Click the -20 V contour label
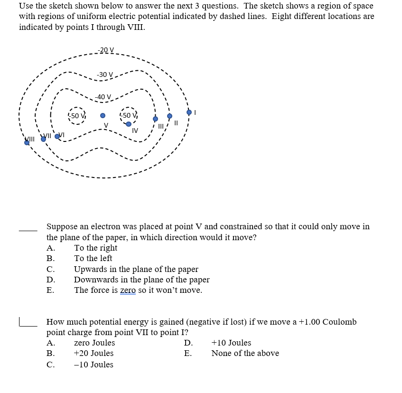(x=105, y=50)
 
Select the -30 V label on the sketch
(x=105, y=75)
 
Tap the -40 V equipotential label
(x=103, y=97)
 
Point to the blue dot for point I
(x=189, y=112)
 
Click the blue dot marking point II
(x=169, y=116)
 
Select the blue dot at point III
(x=155, y=119)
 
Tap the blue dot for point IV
(x=129, y=124)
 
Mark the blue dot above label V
(x=103, y=115)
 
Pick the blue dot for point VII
(x=43, y=139)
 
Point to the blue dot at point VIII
(x=27, y=142)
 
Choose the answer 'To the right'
(x=95, y=248)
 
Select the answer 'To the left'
(x=93, y=258)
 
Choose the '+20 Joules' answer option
(x=93, y=353)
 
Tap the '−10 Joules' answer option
(x=93, y=365)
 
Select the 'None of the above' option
(x=245, y=353)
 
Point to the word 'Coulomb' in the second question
(x=339, y=322)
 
